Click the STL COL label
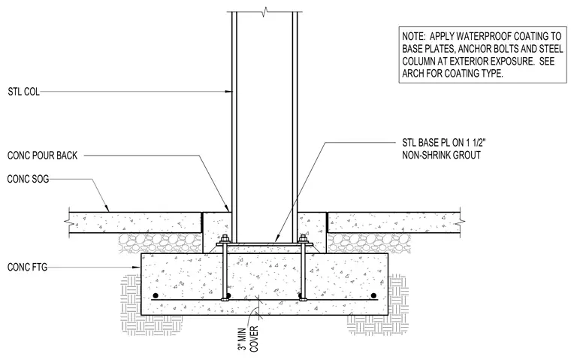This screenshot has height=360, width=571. (x=24, y=92)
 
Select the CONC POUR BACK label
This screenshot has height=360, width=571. (x=42, y=156)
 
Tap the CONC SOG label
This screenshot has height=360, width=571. (x=28, y=179)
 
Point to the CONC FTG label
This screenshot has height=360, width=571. (x=27, y=267)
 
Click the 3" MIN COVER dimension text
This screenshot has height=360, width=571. (x=248, y=339)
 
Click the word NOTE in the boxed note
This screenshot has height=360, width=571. (x=413, y=36)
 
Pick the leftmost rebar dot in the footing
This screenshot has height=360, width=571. (x=156, y=295)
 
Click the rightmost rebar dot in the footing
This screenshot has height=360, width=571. (x=373, y=295)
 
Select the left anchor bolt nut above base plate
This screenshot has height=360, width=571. (x=224, y=240)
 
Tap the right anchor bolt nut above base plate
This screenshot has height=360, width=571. (x=303, y=240)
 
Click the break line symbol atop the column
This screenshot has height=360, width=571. (x=264, y=12)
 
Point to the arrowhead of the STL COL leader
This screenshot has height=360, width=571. (x=229, y=92)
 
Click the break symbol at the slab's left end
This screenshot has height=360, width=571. (x=68, y=221)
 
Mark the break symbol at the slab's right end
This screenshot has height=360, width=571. (x=461, y=221)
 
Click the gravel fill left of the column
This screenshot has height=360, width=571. (x=160, y=243)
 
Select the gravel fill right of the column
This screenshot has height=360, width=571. (x=369, y=243)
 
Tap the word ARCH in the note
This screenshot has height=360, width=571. (x=412, y=73)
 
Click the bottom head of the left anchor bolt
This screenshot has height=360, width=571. (x=224, y=300)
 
